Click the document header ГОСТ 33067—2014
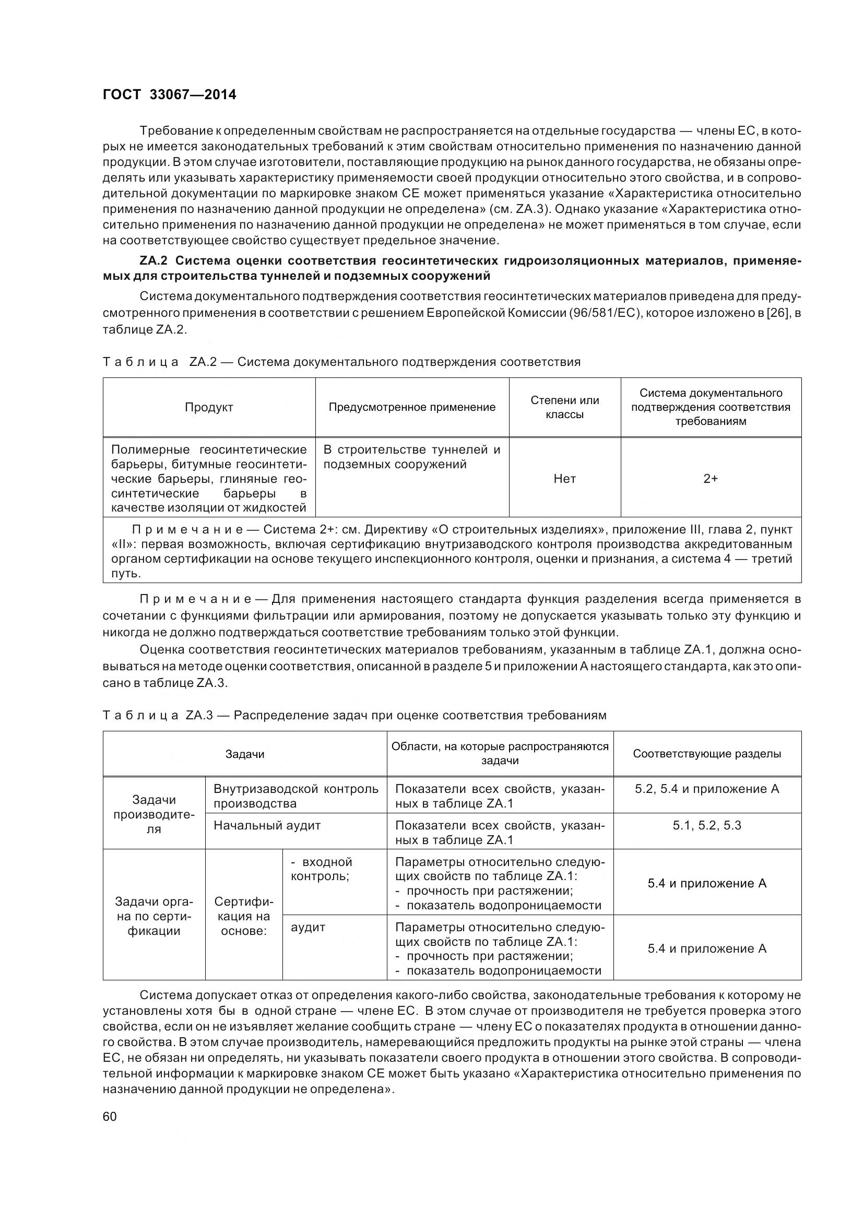tap(169, 94)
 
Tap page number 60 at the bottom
tap(110, 1116)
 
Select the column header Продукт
tap(209, 407)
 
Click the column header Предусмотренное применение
tap(411, 407)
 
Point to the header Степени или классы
tap(564, 407)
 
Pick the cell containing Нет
tap(564, 479)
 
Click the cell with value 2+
tap(711, 479)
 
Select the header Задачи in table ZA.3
tap(245, 754)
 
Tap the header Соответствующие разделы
tap(707, 754)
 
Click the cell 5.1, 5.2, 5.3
tap(707, 825)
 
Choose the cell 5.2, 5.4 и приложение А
tap(707, 789)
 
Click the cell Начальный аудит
tap(267, 825)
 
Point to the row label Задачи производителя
tap(153, 814)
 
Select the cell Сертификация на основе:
tap(243, 916)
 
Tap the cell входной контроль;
tap(321, 869)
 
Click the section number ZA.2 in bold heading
tap(153, 261)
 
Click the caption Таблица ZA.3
tap(157, 715)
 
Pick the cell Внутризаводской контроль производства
tap(295, 796)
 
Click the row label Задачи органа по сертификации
tap(153, 916)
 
